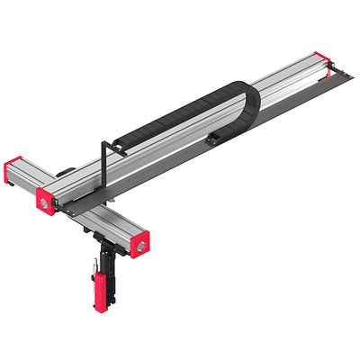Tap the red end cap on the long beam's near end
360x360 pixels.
[x=42, y=203]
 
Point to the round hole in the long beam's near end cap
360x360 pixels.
[x=42, y=204]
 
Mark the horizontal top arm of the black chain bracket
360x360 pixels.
[x=112, y=143]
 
